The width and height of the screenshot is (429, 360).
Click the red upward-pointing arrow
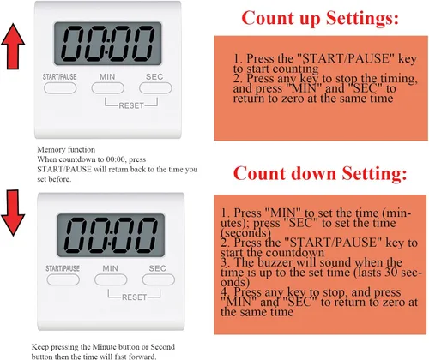13,46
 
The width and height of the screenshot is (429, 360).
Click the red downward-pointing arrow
13,213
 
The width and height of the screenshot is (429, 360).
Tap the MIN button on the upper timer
108,88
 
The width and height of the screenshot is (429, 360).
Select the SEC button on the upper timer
155,88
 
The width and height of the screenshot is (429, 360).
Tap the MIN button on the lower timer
111,279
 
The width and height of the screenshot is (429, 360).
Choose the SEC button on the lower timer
159,279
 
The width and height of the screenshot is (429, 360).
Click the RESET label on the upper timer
131,105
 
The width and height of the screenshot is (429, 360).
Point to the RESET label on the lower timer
135,297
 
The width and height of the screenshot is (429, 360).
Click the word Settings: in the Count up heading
362,19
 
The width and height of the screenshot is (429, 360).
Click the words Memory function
66,149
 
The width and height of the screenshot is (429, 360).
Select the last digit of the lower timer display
146,235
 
